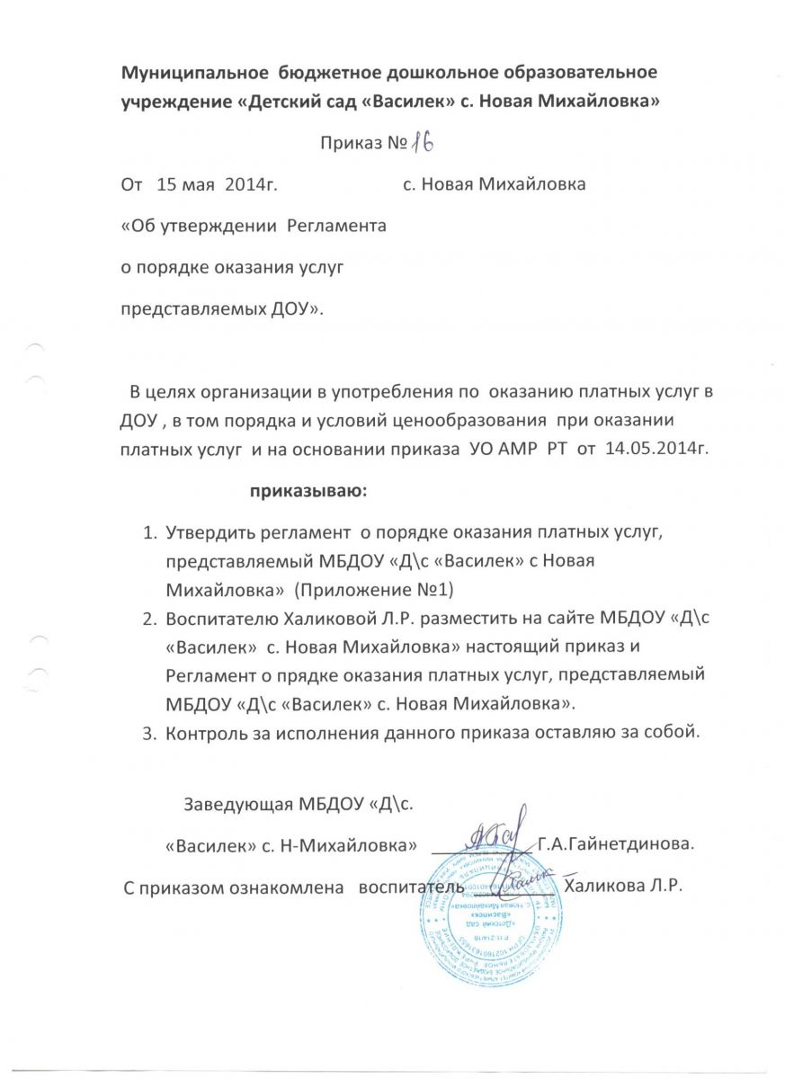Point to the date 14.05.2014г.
656,449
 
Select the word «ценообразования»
475,422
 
